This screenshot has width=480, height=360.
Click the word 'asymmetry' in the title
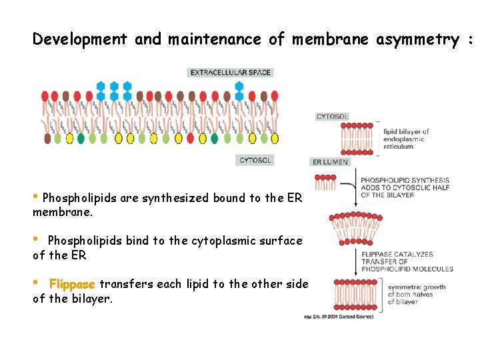tap(417, 39)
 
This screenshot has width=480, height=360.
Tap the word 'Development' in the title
tap(79, 39)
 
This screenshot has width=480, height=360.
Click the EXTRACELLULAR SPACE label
tap(230, 72)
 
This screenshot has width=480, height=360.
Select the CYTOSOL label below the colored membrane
tap(255, 160)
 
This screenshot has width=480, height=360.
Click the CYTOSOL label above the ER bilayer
tap(332, 117)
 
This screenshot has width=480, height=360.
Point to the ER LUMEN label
tap(329, 162)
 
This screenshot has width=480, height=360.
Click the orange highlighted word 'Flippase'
tap(72, 284)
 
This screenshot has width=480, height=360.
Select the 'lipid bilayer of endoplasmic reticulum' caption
tap(406, 139)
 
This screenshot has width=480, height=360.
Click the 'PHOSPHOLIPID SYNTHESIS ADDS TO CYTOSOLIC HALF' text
tap(405, 187)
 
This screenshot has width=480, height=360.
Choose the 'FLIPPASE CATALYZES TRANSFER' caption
tap(407, 261)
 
